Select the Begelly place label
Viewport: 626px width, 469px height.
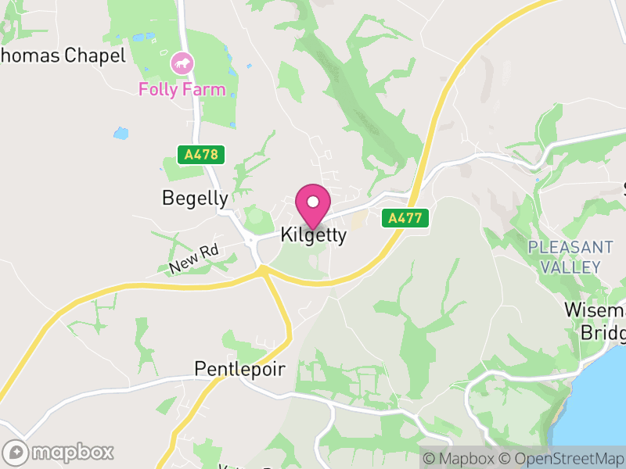(x=195, y=199)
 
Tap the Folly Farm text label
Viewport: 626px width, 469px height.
(x=182, y=89)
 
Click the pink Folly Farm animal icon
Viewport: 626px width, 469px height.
(x=182, y=63)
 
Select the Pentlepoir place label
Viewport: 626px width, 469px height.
(x=239, y=369)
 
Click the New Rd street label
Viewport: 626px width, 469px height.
(x=192, y=259)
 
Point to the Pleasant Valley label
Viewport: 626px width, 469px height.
(x=570, y=257)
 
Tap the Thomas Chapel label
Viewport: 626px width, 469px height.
(x=63, y=55)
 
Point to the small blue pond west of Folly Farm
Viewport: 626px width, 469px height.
(x=121, y=134)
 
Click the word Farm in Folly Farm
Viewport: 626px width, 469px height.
(x=206, y=89)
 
